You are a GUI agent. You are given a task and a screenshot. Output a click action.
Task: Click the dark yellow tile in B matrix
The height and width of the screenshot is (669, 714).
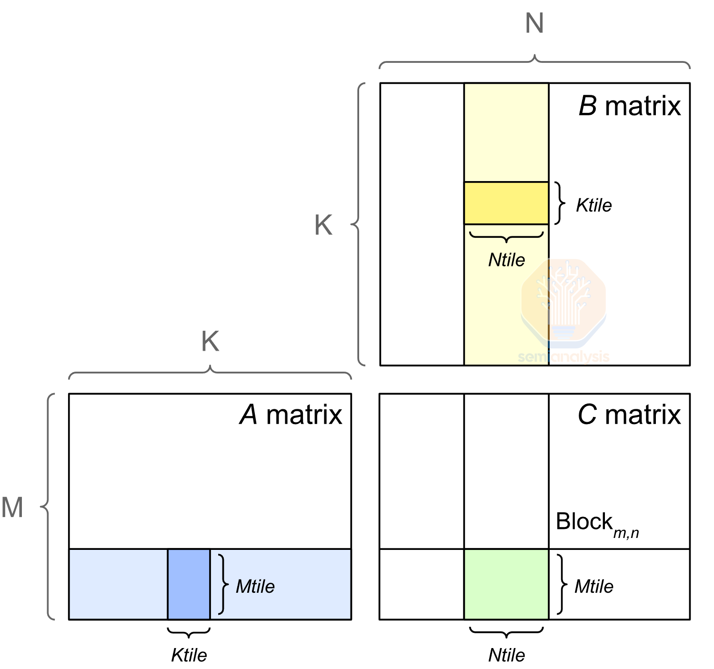tap(506, 203)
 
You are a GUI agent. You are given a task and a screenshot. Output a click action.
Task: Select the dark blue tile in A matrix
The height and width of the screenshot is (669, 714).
tap(189, 584)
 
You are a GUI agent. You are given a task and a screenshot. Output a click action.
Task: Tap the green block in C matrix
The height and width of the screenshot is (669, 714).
tap(506, 584)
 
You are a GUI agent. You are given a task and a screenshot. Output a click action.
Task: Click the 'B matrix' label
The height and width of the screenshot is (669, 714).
tap(629, 106)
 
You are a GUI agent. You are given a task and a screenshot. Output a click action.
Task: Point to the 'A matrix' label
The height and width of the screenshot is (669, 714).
tap(291, 415)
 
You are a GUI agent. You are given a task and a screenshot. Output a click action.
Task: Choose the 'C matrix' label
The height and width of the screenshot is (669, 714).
tap(629, 415)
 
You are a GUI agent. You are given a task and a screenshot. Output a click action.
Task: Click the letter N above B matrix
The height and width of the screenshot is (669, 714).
tap(534, 23)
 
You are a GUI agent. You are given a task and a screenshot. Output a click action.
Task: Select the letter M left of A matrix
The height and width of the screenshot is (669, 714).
tap(12, 507)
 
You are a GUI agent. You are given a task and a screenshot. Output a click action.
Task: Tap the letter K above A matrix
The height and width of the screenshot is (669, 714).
tap(210, 341)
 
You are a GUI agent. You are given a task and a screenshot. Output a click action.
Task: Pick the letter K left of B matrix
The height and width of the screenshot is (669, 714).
tap(323, 225)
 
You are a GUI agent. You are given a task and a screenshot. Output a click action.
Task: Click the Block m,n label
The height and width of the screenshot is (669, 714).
tap(597, 524)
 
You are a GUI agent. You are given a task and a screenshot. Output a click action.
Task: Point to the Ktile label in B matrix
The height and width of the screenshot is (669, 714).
tap(593, 205)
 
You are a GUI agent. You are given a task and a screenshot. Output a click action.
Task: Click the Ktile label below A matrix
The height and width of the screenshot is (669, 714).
tap(189, 655)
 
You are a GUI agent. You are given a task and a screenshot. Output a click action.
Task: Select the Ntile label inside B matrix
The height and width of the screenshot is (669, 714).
tap(506, 260)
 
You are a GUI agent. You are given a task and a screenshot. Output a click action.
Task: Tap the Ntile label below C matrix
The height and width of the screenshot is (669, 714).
tap(506, 655)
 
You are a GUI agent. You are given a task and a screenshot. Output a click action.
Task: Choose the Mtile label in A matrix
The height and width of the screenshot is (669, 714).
tap(255, 587)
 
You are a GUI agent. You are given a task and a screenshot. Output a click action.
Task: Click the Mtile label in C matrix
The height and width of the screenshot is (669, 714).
tap(594, 587)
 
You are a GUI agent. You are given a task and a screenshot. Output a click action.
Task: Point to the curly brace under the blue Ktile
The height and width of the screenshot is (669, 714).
tap(189, 633)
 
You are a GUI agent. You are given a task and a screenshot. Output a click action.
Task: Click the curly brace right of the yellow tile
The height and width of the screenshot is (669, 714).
tap(560, 203)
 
